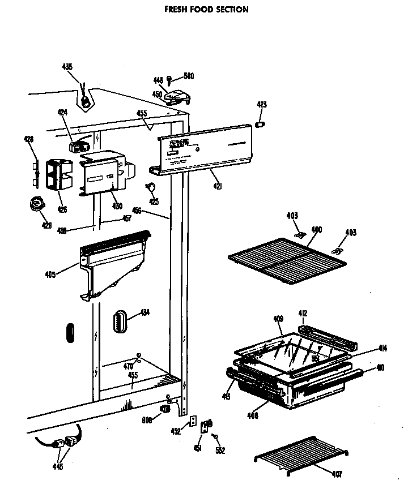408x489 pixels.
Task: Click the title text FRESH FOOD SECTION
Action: pyautogui.click(x=206, y=10)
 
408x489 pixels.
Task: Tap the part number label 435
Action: pyautogui.click(x=67, y=67)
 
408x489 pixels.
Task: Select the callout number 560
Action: pyautogui.click(x=188, y=78)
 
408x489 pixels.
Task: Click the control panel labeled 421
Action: pyautogui.click(x=204, y=148)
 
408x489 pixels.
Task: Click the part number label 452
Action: pyautogui.click(x=176, y=431)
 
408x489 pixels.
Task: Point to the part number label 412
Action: pyautogui.click(x=303, y=313)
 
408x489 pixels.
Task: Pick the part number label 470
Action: pyautogui.click(x=129, y=366)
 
